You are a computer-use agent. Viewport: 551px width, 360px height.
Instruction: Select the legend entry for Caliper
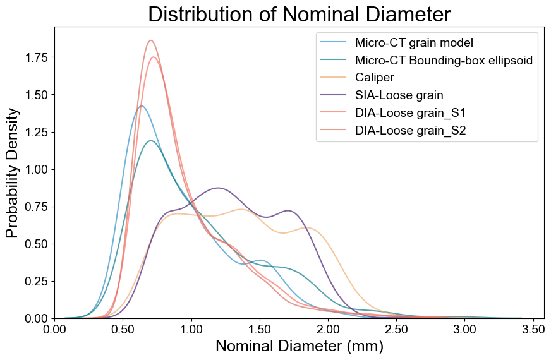pyautogui.click(x=375, y=78)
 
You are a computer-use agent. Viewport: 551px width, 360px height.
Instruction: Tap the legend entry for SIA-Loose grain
pyautogui.click(x=399, y=95)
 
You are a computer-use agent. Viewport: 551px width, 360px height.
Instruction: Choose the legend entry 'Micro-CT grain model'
pyautogui.click(x=414, y=43)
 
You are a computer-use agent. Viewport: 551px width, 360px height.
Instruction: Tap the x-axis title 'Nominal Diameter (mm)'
pyautogui.click(x=299, y=346)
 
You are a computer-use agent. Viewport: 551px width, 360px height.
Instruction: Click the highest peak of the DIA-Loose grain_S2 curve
pyautogui.click(x=150, y=40)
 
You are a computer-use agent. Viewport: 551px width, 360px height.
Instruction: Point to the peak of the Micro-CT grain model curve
pyautogui.click(x=142, y=105)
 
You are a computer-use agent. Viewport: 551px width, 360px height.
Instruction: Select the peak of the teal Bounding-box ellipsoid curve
pyautogui.click(x=150, y=140)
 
